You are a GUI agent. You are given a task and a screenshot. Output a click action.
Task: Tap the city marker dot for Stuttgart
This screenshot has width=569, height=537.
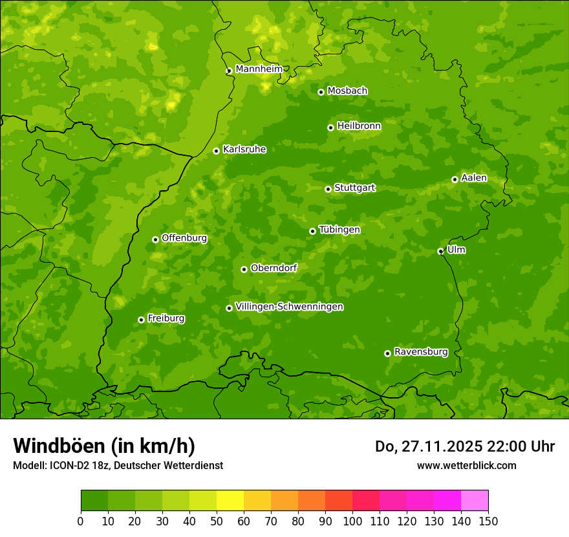[328, 189]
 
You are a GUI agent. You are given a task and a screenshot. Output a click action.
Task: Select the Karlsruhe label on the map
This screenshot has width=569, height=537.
[244, 149]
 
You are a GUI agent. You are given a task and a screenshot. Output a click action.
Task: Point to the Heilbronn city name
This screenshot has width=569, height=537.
[359, 126]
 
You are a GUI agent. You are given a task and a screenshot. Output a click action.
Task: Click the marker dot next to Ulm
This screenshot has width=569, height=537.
[440, 251]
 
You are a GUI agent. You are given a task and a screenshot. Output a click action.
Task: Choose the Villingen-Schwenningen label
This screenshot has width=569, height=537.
[289, 307]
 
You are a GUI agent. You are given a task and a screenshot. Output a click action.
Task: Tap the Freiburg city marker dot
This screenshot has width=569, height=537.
[141, 320]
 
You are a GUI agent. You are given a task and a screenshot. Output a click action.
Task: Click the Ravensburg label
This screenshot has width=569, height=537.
[420, 352]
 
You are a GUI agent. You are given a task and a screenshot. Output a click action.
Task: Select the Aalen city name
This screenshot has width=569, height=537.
[474, 178]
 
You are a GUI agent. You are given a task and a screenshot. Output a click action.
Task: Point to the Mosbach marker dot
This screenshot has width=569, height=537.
[321, 92]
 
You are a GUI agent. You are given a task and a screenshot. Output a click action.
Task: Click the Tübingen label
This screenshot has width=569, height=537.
[339, 230]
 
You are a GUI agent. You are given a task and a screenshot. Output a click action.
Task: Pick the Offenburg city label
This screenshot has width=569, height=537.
[184, 238]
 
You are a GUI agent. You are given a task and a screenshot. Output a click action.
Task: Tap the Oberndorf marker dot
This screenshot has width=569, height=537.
[244, 269]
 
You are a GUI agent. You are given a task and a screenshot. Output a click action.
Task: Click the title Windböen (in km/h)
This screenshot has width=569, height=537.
[104, 446]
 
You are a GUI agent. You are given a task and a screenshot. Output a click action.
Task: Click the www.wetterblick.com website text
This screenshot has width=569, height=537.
[466, 465]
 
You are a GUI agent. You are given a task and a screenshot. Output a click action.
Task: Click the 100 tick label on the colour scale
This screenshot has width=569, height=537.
[352, 521]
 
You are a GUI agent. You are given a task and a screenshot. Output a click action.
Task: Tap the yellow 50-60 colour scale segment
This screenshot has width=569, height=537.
[230, 501]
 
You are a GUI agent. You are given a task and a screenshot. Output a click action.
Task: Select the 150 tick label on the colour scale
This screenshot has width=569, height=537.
[488, 521]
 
